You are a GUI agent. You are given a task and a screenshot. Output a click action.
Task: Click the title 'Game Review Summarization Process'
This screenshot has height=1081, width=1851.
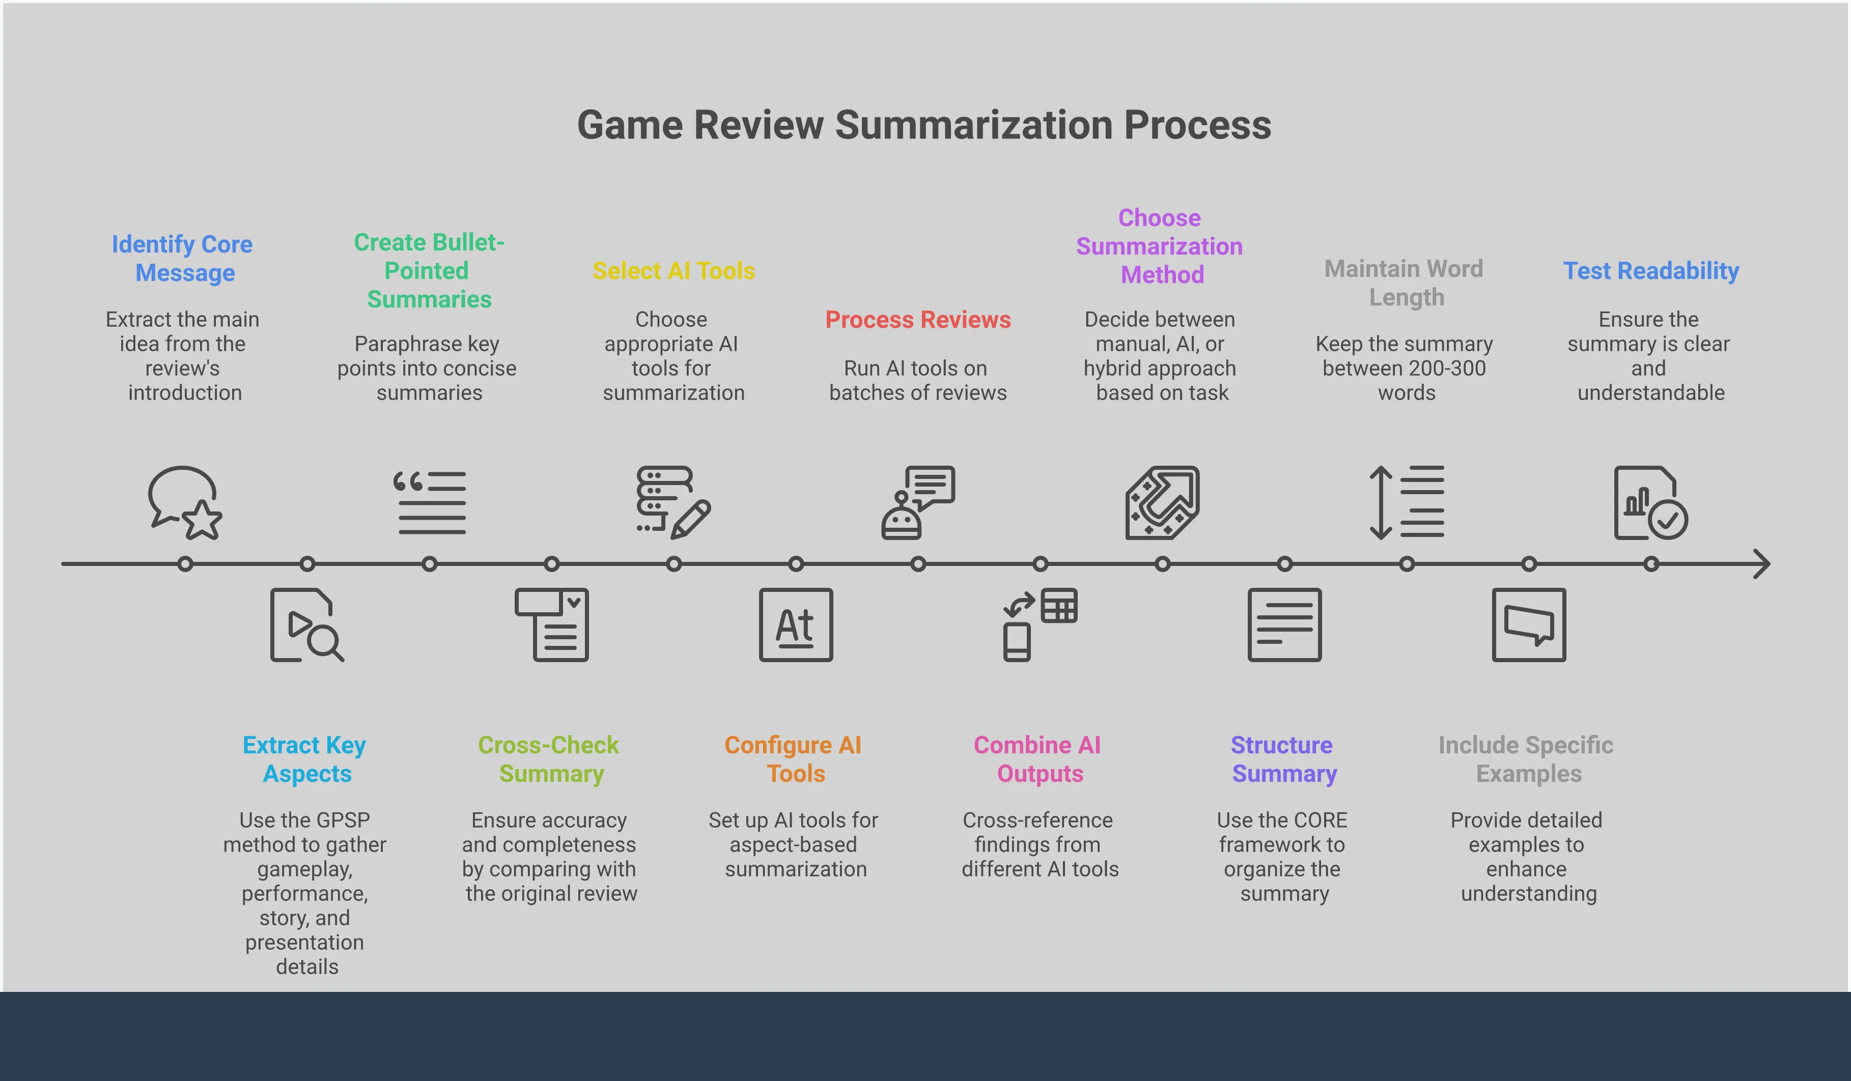point(924,125)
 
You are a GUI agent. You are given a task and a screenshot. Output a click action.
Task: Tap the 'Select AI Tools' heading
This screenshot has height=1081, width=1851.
point(674,270)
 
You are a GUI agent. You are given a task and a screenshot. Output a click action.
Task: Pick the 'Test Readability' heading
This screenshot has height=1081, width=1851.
point(1650,270)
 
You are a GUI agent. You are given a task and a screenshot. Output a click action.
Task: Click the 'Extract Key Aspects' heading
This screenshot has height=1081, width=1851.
point(305,759)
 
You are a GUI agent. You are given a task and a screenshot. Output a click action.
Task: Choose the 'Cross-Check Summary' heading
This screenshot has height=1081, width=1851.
point(549,759)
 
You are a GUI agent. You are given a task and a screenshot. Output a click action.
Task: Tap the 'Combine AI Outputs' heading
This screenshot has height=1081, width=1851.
point(1038,759)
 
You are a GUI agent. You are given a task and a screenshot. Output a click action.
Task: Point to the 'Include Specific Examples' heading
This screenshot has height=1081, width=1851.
point(1526,759)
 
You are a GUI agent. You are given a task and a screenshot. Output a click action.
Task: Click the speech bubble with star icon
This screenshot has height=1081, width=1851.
point(184,503)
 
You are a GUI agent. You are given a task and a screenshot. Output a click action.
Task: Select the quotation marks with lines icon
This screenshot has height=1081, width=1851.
point(430,503)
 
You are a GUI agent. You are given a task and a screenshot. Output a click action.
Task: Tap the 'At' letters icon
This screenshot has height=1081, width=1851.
point(796,625)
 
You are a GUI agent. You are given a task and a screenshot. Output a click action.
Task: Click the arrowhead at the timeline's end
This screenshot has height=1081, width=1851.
point(1763,564)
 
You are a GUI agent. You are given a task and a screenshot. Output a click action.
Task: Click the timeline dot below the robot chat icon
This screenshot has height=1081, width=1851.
point(918,564)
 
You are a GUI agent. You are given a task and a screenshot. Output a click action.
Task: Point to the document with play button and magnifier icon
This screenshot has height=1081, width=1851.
point(306,625)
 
